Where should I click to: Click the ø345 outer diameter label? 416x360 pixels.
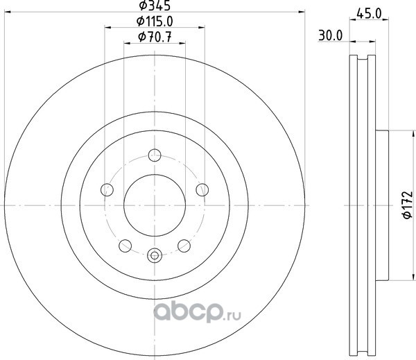coord(155,6)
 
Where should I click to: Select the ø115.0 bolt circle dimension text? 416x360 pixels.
coord(155,22)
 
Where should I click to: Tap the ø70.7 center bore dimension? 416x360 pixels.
coord(155,37)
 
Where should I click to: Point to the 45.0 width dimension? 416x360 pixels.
coord(369,14)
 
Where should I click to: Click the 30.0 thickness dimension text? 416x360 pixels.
coord(331,35)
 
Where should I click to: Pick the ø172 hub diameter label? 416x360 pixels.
coord(408,205)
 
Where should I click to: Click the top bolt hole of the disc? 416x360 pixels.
coord(155,155)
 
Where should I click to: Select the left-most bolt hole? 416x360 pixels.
coord(107,190)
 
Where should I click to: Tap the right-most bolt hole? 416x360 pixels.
coord(202,190)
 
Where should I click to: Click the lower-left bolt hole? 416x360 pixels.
coord(125,246)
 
